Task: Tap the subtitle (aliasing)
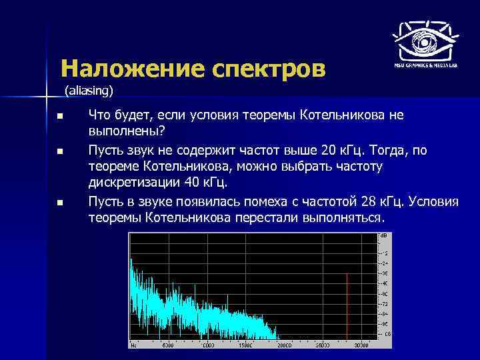[x=90, y=89]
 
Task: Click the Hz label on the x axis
[x=134, y=345]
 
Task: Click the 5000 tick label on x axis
[x=168, y=345]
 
